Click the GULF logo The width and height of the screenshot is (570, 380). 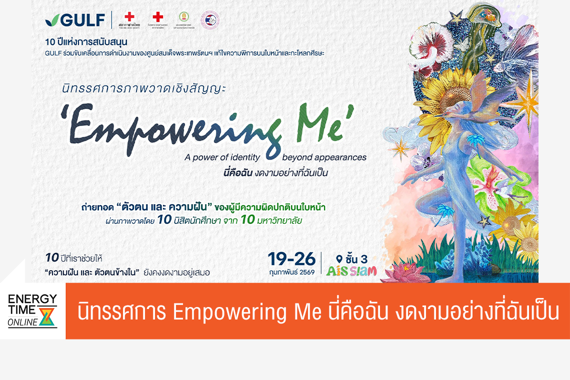(x=75, y=20)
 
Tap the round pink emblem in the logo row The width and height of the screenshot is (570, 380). (x=209, y=20)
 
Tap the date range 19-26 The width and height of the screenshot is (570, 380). (x=291, y=258)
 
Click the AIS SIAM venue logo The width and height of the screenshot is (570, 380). (x=351, y=271)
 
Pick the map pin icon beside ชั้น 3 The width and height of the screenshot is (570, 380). (x=339, y=259)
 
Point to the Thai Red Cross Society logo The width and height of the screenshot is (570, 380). (x=129, y=19)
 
